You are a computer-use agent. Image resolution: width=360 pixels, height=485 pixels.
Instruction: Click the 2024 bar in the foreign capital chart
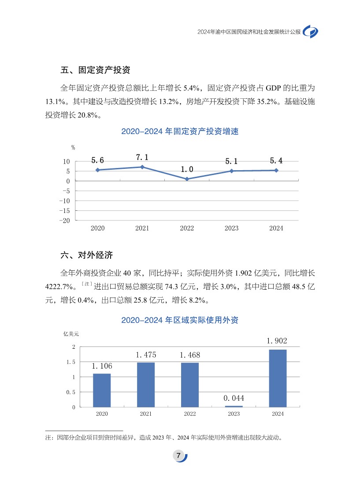[x=278, y=378]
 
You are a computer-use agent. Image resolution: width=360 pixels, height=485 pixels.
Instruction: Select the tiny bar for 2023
[x=234, y=406]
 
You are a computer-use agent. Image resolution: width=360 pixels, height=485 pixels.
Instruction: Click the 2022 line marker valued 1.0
[x=187, y=179]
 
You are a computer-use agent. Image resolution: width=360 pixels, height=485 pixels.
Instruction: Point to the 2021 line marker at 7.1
[x=142, y=167]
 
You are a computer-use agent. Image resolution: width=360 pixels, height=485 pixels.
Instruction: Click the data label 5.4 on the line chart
[x=276, y=161]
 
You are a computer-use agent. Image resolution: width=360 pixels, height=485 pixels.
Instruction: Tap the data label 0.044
[x=234, y=398]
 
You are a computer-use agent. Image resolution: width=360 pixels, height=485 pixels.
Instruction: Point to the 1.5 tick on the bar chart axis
[x=71, y=362]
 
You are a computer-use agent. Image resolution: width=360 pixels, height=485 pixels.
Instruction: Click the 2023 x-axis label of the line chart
[x=231, y=228]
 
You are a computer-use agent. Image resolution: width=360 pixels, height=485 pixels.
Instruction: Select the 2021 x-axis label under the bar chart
[x=146, y=414]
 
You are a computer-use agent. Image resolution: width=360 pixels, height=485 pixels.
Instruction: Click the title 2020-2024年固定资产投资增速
[x=180, y=131]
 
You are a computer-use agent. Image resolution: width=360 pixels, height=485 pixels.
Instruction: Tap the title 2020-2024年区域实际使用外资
[x=180, y=320]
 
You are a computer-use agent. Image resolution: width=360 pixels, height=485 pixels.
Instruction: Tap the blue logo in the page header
[x=312, y=32]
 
